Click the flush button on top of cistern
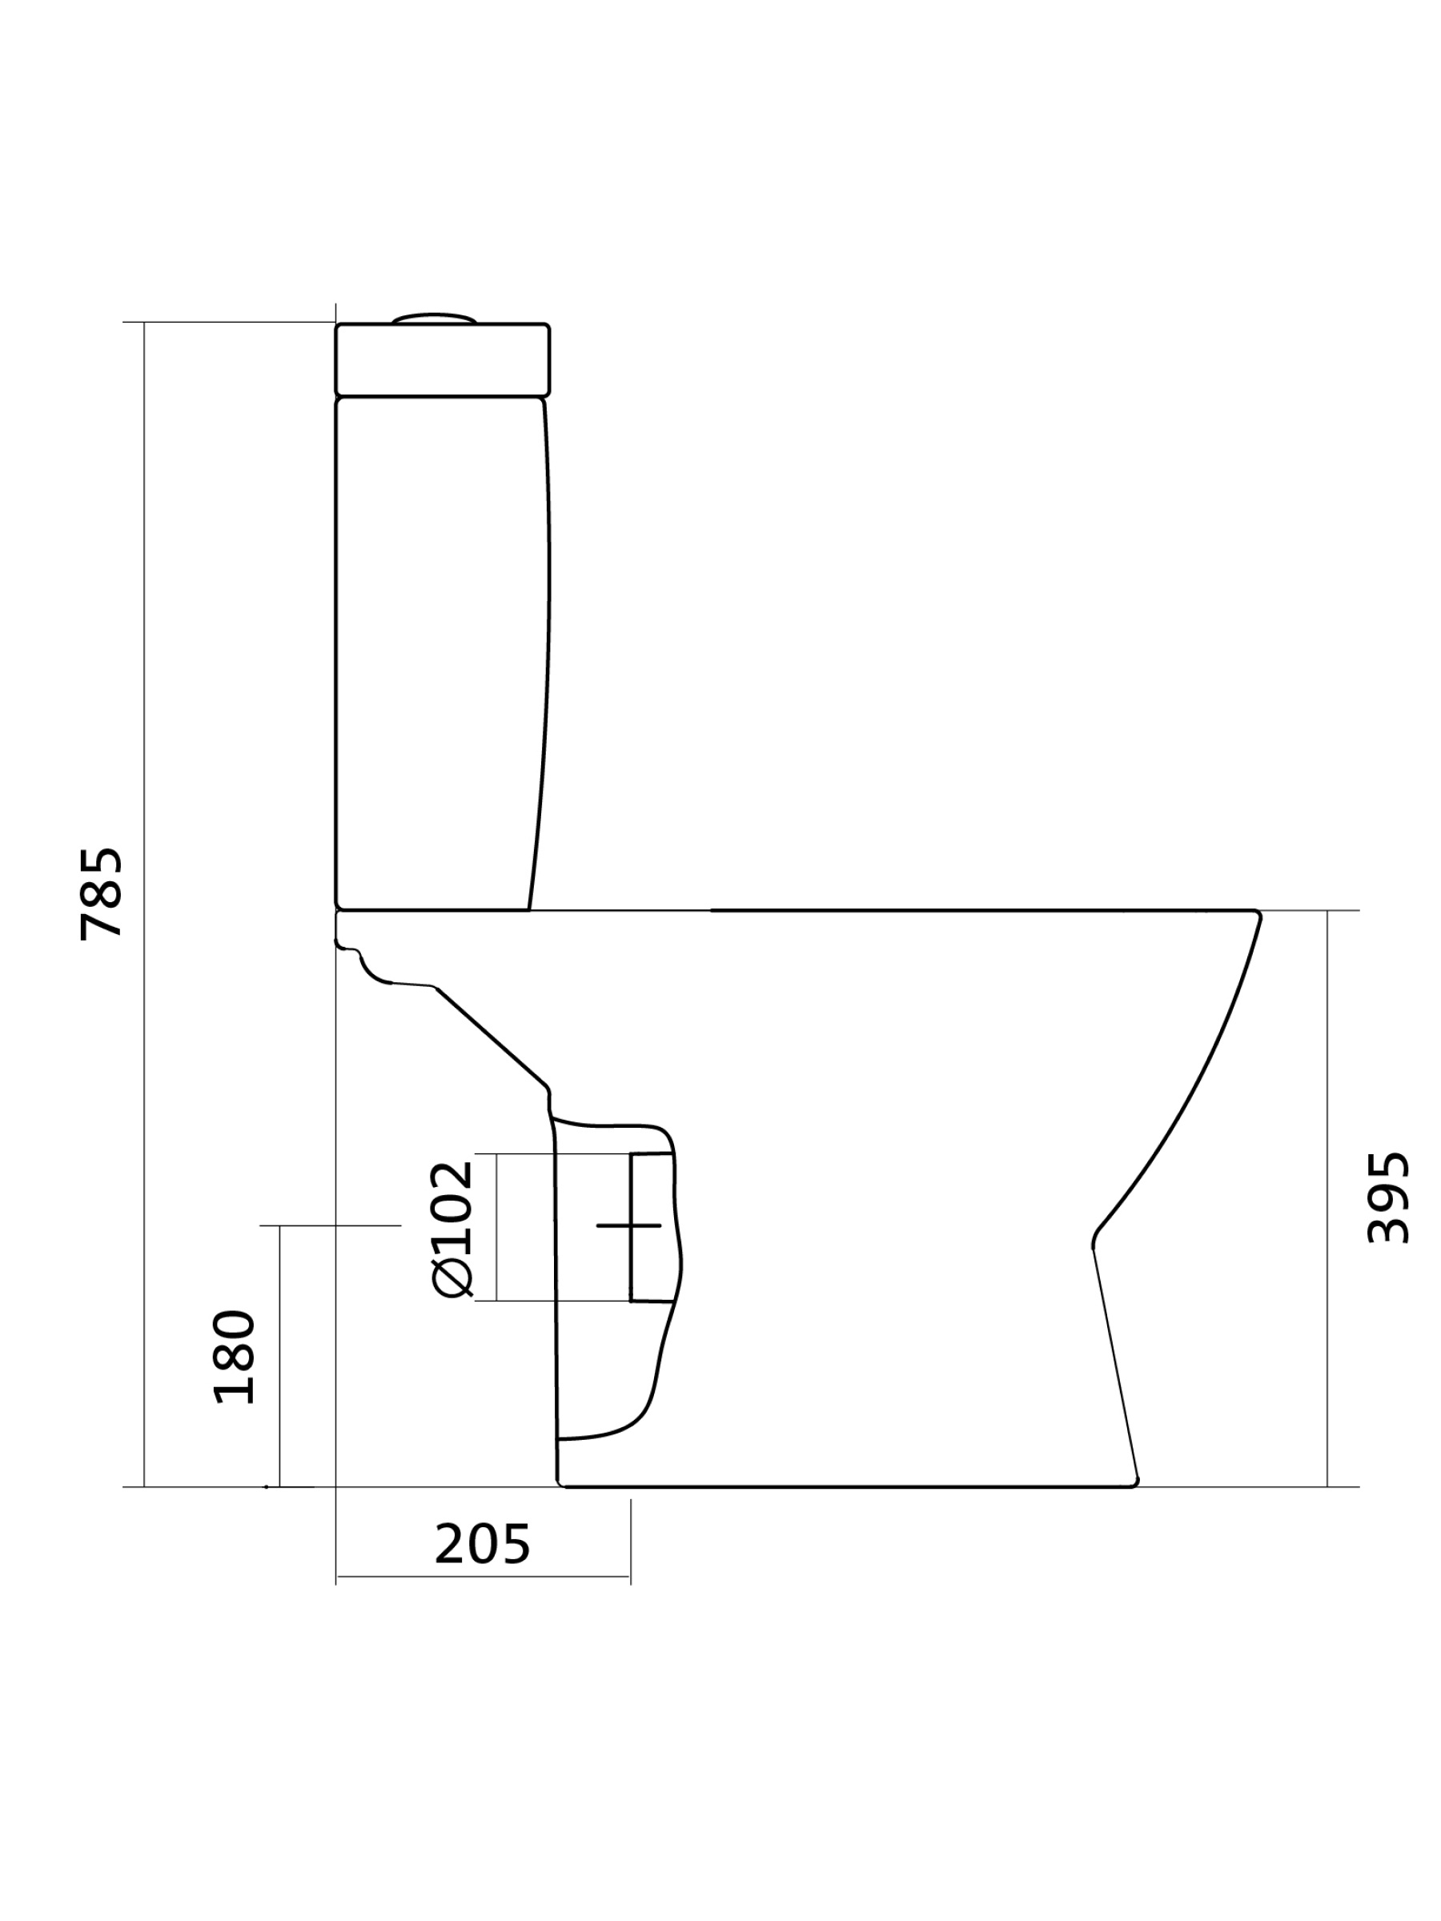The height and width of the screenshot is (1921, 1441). (433, 319)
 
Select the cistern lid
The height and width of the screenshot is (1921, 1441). (442, 359)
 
